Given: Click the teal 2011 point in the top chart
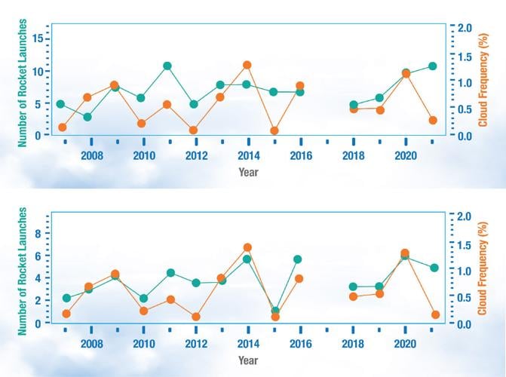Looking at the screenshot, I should [167, 66].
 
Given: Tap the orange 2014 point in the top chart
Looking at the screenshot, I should [247, 66].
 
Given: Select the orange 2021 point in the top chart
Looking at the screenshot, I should [433, 120].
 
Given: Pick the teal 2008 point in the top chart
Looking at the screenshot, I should [87, 117].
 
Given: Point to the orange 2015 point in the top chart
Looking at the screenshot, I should [274, 130].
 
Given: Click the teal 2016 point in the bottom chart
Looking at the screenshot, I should [299, 259].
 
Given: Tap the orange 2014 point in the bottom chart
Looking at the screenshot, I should [247, 247].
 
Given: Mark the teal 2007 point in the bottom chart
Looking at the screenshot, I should [66, 298].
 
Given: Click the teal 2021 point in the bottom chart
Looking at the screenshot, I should [434, 268].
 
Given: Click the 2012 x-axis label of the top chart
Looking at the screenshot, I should [196, 155].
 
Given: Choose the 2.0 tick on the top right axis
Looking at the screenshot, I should [465, 28].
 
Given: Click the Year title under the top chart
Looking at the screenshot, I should [248, 172].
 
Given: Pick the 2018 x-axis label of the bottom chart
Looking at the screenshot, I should [353, 344].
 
